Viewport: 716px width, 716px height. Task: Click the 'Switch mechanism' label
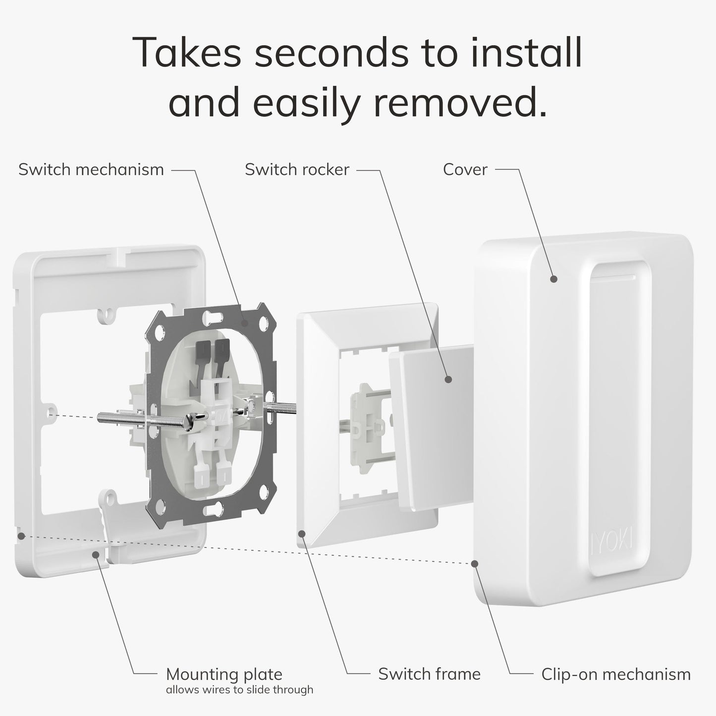pyautogui.click(x=91, y=170)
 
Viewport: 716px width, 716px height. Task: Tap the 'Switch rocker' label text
pyautogui.click(x=297, y=170)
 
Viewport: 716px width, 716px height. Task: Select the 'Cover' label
pyautogui.click(x=465, y=170)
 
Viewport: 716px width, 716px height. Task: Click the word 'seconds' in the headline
pyautogui.click(x=332, y=53)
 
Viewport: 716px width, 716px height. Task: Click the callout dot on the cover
pyautogui.click(x=553, y=279)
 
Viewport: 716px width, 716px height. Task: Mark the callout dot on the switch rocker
pyautogui.click(x=448, y=380)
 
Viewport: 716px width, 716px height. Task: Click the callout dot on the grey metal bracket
pyautogui.click(x=244, y=323)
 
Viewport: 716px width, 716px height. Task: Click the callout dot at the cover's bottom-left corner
pyautogui.click(x=475, y=564)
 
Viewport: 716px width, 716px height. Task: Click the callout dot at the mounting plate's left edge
pyautogui.click(x=21, y=536)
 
